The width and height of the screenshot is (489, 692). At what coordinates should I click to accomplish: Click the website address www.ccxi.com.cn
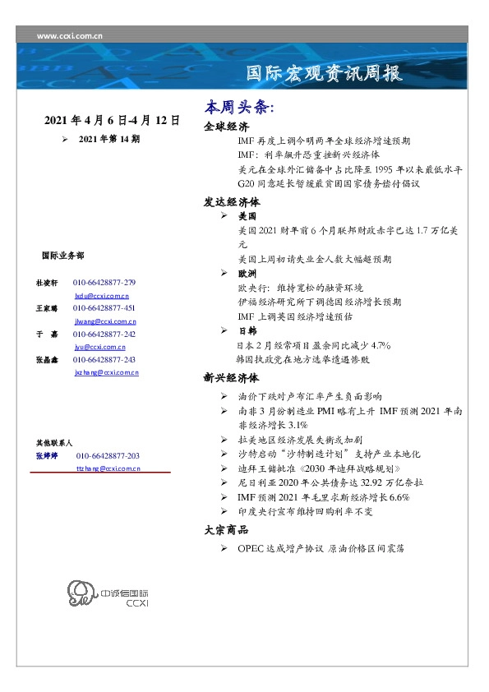70,36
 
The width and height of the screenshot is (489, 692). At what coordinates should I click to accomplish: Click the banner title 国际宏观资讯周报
325,74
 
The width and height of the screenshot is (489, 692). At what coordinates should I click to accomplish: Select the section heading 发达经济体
232,201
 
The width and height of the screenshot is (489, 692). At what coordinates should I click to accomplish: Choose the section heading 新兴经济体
232,379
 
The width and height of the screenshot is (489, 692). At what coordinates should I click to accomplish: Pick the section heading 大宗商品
226,531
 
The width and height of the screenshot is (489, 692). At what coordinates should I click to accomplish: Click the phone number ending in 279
104,283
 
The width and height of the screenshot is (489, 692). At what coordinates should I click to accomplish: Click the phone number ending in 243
104,360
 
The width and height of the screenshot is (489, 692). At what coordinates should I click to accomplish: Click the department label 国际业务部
62,256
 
